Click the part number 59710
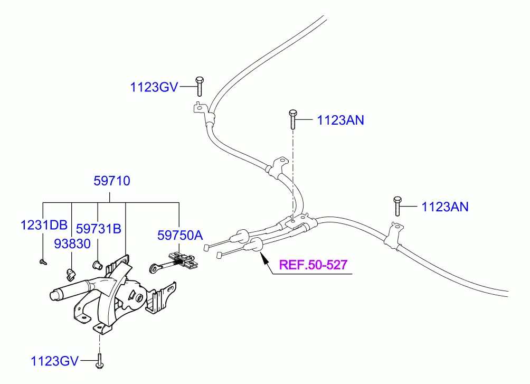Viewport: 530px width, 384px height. pos(111,181)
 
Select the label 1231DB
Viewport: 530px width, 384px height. pos(44,226)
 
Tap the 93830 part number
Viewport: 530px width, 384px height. pos(72,243)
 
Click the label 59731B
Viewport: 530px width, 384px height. pos(99,229)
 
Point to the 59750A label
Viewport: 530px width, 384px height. pos(180,235)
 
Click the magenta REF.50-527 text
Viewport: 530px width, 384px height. pos(313,264)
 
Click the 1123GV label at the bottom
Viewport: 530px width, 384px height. pos(54,361)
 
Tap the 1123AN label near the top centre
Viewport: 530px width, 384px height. pos(340,120)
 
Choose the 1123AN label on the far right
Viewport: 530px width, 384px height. pos(445,207)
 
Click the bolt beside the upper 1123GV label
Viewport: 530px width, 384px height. pos(199,86)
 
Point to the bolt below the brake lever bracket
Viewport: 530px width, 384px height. pos(99,361)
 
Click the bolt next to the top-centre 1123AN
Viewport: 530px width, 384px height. pos(293,119)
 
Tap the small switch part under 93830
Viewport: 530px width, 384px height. pos(70,273)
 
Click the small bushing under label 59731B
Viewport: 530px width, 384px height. pos(97,264)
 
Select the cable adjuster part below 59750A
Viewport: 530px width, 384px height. pos(179,260)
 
